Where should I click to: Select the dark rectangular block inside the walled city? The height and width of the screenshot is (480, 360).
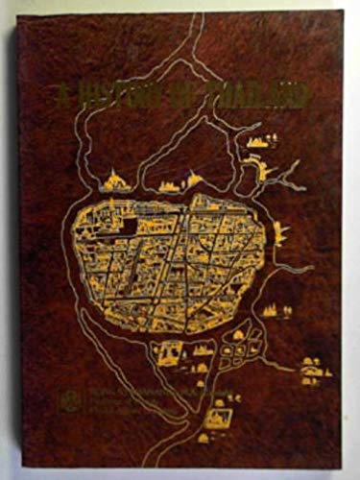pyautogui.click(x=124, y=226)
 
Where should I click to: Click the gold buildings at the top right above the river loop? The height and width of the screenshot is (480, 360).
pyautogui.click(x=256, y=142)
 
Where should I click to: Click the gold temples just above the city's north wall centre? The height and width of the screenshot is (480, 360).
pyautogui.click(x=178, y=181)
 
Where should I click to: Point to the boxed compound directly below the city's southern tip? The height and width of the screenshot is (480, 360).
pyautogui.click(x=167, y=354)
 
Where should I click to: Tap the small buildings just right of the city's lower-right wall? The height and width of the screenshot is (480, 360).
pyautogui.click(x=275, y=309)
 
